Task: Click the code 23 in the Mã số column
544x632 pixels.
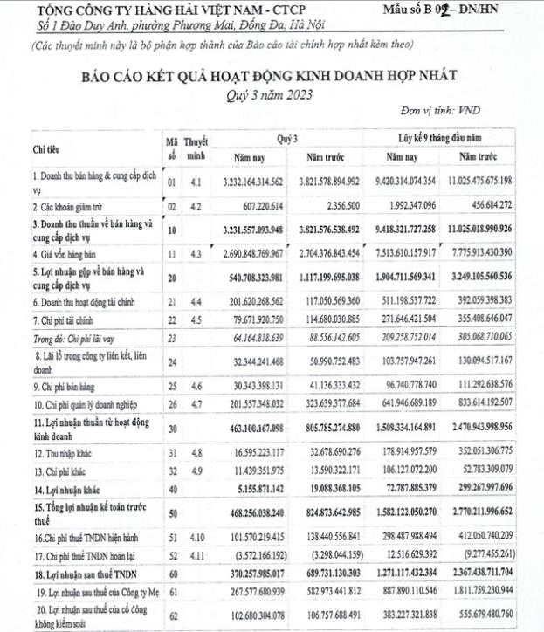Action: click(x=171, y=334)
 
